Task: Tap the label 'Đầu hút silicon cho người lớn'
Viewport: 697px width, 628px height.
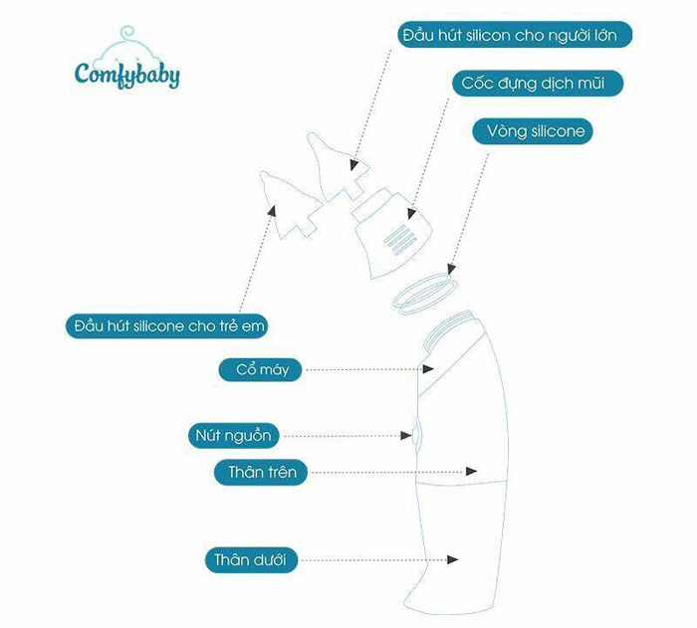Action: pos(515,35)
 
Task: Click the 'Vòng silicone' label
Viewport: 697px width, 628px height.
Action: pos(536,130)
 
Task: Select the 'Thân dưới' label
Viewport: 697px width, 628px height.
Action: pos(256,560)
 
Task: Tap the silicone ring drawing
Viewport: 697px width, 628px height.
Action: pos(424,296)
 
